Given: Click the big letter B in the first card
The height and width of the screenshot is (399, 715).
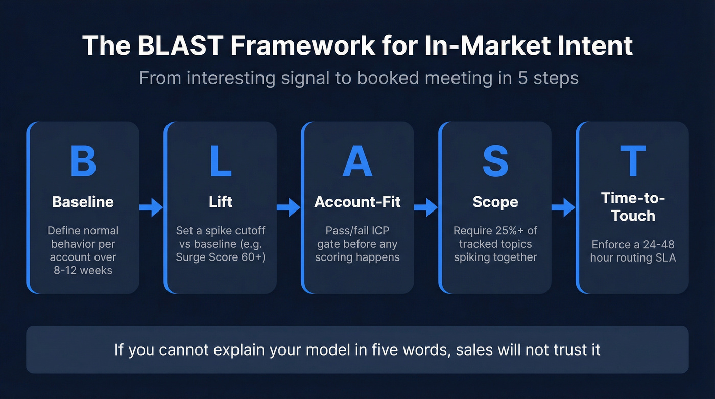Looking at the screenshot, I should pyautogui.click(x=83, y=161).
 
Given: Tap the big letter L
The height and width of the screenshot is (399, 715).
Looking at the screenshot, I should pyautogui.click(x=221, y=161).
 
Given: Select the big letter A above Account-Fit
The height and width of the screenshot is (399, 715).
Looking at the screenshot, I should pyautogui.click(x=357, y=161).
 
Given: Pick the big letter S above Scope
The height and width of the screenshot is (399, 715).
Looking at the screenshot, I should pyautogui.click(x=495, y=161).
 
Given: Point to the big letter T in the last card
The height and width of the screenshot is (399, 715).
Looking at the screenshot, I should pyautogui.click(x=633, y=161).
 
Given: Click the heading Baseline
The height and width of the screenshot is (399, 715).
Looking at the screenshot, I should pyautogui.click(x=83, y=202).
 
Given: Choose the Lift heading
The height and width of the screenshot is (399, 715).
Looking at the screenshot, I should pyautogui.click(x=221, y=202).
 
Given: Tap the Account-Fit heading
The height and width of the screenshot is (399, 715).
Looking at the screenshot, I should pyautogui.click(x=357, y=202).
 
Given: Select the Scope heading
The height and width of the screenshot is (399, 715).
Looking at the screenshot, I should pyautogui.click(x=495, y=202).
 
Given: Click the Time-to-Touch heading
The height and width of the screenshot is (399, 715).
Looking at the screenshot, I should pyautogui.click(x=633, y=206).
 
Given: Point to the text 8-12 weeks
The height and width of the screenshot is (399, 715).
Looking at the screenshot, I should pyautogui.click(x=83, y=270).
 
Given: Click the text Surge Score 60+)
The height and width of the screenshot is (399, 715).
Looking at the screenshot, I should pyautogui.click(x=221, y=257).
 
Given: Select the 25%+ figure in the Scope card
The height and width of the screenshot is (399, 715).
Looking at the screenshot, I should pyautogui.click(x=516, y=230).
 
